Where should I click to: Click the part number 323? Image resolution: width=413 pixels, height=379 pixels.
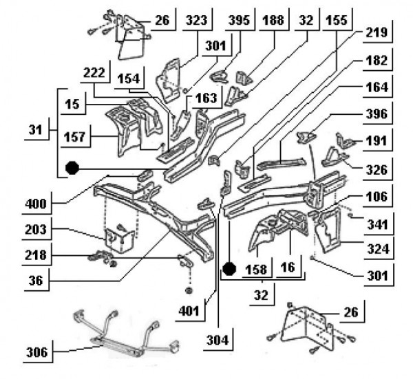click(x=196, y=21)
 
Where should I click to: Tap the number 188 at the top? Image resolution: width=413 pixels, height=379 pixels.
click(x=273, y=21)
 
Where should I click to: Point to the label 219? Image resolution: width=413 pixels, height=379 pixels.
click(x=378, y=32)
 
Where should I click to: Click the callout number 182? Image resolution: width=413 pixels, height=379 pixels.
click(x=378, y=61)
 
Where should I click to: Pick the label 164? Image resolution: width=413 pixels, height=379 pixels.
click(x=378, y=87)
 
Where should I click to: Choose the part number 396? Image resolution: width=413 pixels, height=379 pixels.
click(x=378, y=113)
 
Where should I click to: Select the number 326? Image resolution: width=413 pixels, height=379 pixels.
click(x=378, y=168)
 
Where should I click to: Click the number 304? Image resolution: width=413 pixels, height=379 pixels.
click(x=218, y=339)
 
